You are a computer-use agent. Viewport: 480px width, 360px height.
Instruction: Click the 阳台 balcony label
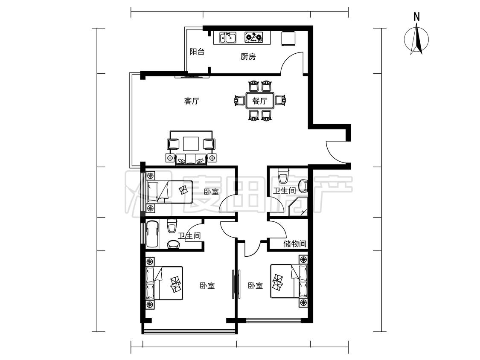point(197,52)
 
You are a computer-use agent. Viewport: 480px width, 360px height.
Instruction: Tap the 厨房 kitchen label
point(248,57)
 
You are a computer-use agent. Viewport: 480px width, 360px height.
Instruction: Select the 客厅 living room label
point(192,101)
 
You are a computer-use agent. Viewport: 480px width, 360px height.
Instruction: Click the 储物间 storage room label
point(295,244)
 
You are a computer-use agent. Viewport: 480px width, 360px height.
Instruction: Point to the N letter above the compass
point(416,17)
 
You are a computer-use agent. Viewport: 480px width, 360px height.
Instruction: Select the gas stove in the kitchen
point(254,38)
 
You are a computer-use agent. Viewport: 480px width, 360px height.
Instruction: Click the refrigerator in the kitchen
point(288,38)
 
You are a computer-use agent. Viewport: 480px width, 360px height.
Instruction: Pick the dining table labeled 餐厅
point(260,101)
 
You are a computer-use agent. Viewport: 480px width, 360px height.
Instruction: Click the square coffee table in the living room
point(191,144)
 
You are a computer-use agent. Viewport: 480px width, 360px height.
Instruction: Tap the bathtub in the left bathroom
point(152,234)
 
